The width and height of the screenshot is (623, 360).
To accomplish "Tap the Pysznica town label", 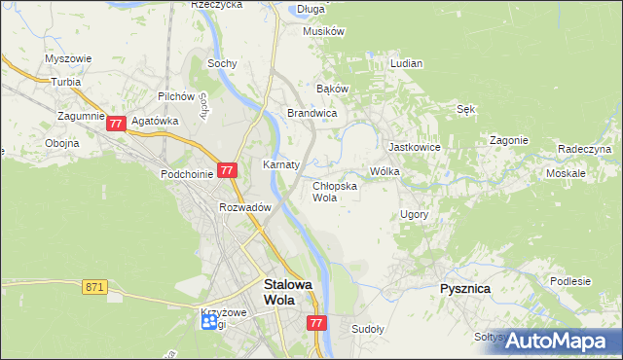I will point(463,290).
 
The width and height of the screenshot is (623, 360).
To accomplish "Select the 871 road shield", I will point(94,287).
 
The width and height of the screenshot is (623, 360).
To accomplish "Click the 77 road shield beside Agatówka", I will point(116,124).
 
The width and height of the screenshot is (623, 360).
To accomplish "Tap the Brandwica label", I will point(311,114).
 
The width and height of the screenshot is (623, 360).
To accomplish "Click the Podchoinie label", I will point(187,173).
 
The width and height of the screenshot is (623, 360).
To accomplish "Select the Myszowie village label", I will point(68,58).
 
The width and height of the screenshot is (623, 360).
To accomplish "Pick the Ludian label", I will point(406,63).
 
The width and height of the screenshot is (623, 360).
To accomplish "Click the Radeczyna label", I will point(584,149).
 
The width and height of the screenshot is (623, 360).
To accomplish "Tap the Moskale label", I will point(566,172).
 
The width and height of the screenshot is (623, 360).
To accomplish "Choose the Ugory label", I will point(415,213).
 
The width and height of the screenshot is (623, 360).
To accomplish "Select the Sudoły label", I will point(369,329).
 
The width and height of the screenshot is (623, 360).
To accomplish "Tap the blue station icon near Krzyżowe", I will point(209,325).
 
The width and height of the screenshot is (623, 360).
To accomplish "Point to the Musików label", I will point(324,31).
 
